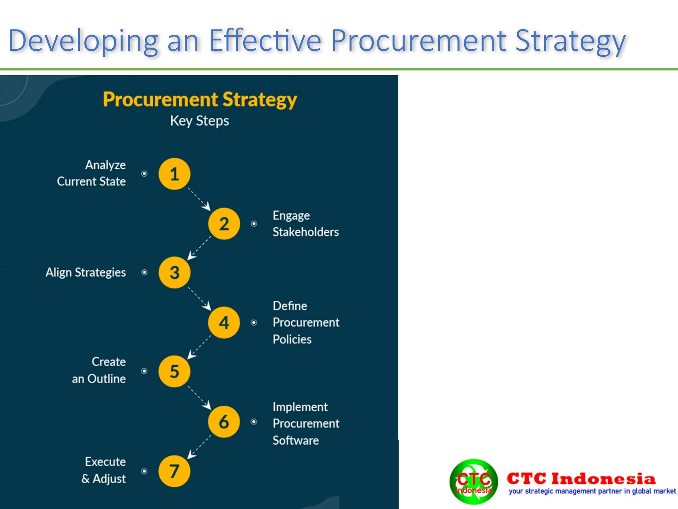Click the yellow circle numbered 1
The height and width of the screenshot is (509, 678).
click(174, 174)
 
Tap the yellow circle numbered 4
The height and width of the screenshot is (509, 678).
click(224, 322)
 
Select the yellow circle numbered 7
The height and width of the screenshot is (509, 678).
click(174, 471)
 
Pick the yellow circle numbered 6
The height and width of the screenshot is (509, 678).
click(224, 422)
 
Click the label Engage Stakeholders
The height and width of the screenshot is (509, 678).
click(305, 224)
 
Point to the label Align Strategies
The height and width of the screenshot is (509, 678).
click(86, 272)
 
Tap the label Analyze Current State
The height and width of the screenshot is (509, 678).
click(92, 173)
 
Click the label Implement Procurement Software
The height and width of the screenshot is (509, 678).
click(306, 424)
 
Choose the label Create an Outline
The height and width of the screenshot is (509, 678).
click(99, 370)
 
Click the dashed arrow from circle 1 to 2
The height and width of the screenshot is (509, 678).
click(199, 199)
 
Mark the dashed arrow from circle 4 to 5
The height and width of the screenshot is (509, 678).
click(199, 347)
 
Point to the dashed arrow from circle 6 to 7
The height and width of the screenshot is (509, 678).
click(199, 447)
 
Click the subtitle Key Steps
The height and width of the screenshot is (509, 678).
click(199, 121)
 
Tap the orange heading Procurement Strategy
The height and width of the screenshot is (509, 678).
click(200, 99)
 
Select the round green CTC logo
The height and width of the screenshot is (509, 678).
click(473, 481)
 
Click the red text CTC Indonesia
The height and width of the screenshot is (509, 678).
click(581, 479)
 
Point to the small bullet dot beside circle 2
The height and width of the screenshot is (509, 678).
click(254, 224)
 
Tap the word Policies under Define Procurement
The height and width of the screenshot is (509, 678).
click(292, 339)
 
